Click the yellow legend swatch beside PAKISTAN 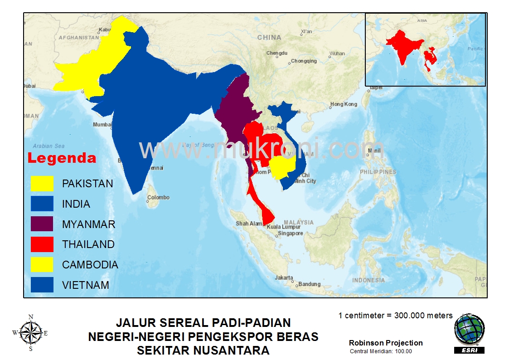(42, 184)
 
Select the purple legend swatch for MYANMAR (42, 224)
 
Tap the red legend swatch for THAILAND (42, 244)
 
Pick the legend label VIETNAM (86, 285)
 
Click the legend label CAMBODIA (90, 265)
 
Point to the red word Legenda (62, 158)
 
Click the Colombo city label (159, 198)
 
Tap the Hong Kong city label (344, 104)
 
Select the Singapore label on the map (291, 234)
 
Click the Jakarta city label (284, 278)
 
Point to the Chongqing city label (304, 61)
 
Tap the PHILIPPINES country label (378, 172)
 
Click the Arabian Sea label (48, 146)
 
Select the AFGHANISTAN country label (79, 38)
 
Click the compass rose (30, 333)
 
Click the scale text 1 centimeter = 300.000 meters (395, 316)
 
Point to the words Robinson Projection (386, 343)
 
